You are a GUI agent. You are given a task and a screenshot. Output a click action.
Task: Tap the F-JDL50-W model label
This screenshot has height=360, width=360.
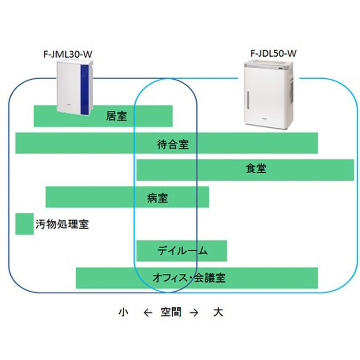273,54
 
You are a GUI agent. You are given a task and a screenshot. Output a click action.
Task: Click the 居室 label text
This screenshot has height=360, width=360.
116,116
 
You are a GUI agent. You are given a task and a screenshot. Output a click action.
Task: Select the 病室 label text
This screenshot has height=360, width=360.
157,197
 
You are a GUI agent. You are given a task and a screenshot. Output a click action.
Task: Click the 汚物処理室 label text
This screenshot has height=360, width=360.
62,224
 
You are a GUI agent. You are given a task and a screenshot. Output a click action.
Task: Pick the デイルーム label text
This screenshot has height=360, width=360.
183,251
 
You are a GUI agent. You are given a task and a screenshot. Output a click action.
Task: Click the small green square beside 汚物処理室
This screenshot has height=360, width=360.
22,224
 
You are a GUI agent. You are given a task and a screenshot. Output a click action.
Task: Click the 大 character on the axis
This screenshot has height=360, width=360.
218,312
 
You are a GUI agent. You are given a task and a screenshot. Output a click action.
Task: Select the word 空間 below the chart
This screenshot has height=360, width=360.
171,312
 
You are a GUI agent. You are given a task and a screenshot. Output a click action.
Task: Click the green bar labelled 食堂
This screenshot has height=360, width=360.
306,170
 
